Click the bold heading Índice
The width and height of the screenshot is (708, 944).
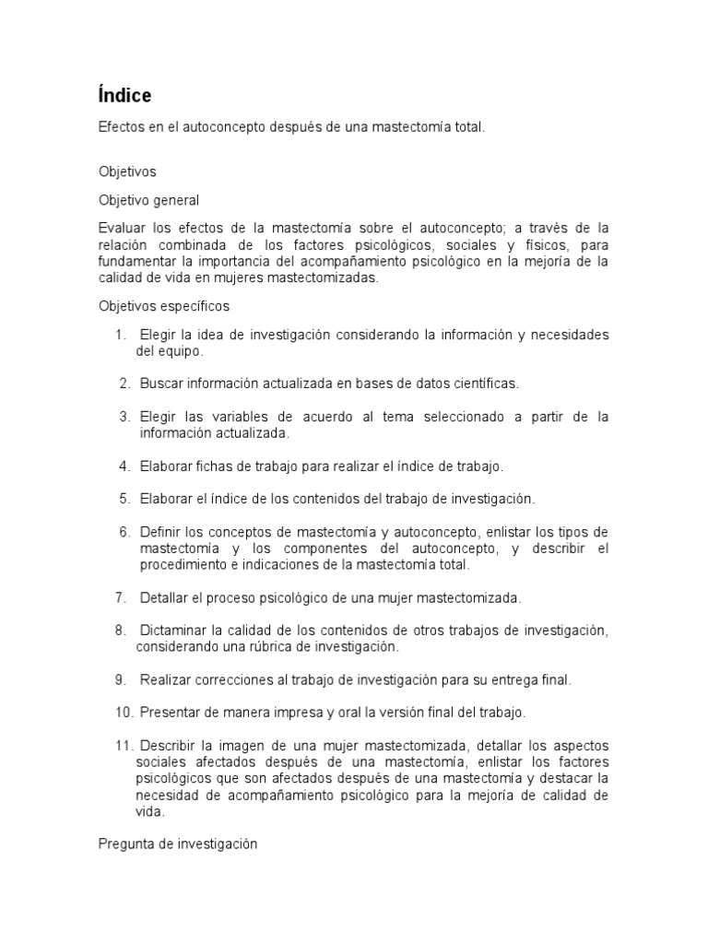pyautogui.click(x=124, y=95)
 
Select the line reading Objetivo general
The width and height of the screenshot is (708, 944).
pyautogui.click(x=148, y=199)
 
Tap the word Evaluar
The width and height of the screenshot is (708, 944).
pyautogui.click(x=122, y=228)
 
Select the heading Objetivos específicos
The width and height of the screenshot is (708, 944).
pyautogui.click(x=164, y=305)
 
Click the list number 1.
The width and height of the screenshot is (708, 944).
pyautogui.click(x=120, y=335)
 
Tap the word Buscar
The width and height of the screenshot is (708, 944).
pyautogui.click(x=160, y=383)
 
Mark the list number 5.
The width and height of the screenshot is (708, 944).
pyautogui.click(x=124, y=499)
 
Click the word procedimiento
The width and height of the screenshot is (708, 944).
pyautogui.click(x=184, y=565)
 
